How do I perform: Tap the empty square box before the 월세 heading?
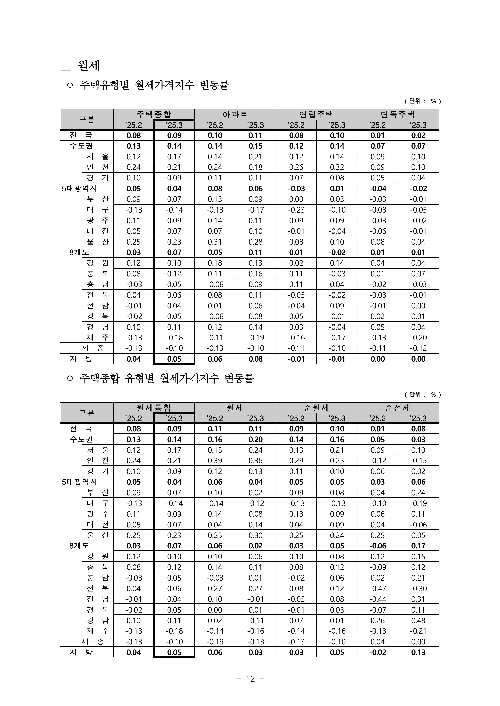66,66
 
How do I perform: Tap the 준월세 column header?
316,408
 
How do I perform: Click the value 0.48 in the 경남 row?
418,620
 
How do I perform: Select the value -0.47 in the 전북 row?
377,589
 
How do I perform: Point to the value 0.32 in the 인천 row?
337,167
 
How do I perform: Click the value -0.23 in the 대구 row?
296,210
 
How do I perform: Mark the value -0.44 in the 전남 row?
377,599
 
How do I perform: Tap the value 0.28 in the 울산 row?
255,242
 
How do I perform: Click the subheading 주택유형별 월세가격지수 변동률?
154,85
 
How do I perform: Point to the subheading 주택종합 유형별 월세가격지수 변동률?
167,378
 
